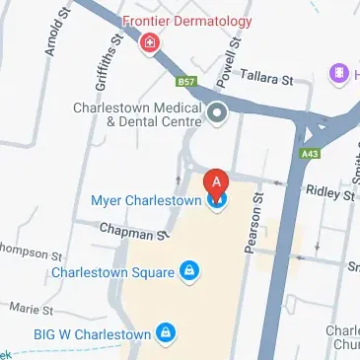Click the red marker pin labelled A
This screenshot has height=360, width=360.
pyautogui.click(x=217, y=184)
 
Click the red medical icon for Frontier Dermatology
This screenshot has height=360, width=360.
pyautogui.click(x=150, y=42)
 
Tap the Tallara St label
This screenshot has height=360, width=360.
pyautogui.click(x=268, y=77)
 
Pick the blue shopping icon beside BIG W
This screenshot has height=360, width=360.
pyautogui.click(x=168, y=332)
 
